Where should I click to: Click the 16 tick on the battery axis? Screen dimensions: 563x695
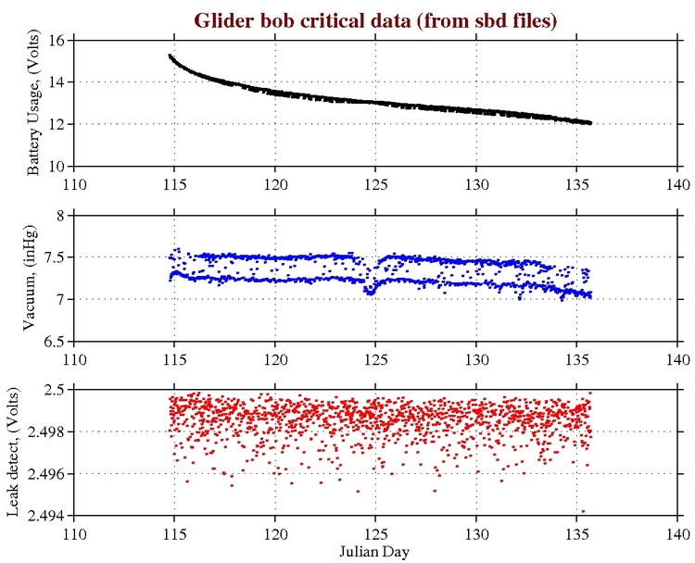tap(56, 41)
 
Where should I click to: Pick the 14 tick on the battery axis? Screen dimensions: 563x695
tap(56, 82)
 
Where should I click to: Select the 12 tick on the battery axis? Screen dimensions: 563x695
tap(56, 124)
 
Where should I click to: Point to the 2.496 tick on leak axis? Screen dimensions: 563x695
tap(45, 474)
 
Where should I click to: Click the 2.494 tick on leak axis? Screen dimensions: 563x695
tap(45, 516)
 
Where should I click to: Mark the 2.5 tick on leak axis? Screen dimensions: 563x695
tap(53, 390)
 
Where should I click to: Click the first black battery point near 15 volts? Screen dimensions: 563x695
tap(170, 56)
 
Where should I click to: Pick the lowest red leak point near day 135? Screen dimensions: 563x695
tap(583, 510)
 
